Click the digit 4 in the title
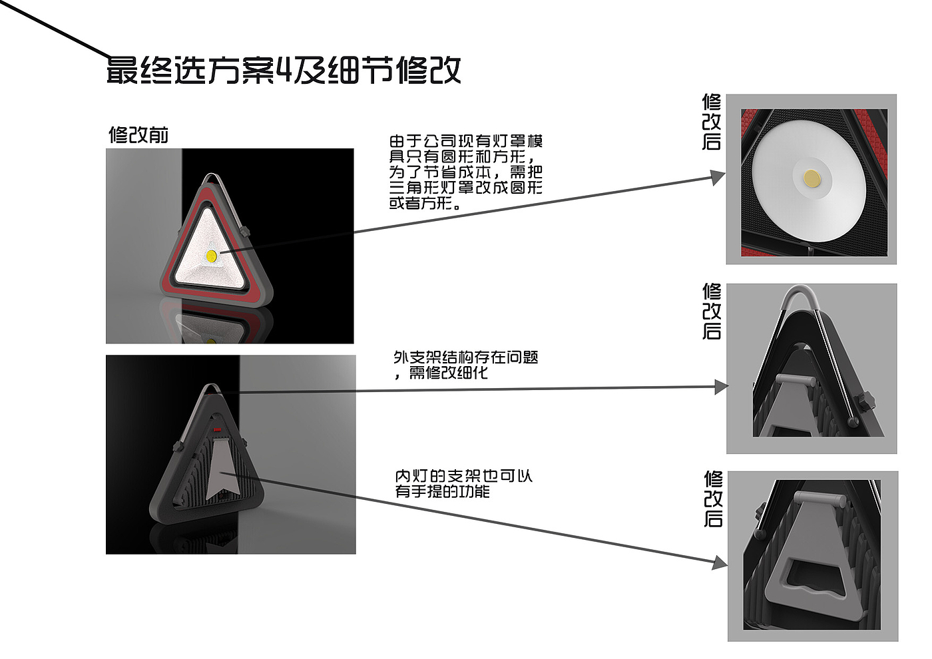coord(284,70)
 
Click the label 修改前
coord(138,134)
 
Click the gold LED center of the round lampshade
coord(812,178)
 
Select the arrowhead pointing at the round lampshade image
coord(718,177)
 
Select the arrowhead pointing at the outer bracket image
coord(722,387)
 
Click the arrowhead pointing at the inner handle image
coord(720,563)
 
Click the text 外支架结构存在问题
coord(466,357)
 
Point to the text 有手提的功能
coord(442,491)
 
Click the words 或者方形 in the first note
coord(420,204)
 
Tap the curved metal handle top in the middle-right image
coord(800,294)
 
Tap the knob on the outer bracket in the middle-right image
coord(865,401)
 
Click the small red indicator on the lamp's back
coord(217,429)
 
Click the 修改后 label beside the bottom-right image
coord(713,499)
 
